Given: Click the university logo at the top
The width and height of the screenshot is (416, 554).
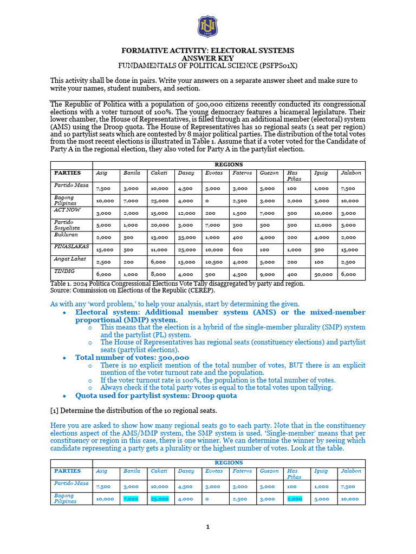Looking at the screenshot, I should [208, 27].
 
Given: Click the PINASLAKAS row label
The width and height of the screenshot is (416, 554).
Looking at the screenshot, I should [71, 246].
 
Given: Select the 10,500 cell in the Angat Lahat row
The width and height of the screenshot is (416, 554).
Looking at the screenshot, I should [213, 262].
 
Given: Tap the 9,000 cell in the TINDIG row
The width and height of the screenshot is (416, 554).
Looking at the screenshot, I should [267, 275].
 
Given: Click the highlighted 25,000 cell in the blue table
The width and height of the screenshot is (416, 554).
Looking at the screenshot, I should [160, 499].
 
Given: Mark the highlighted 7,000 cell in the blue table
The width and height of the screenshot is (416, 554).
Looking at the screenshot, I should [131, 499].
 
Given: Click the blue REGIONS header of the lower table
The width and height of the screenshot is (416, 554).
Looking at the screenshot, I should [229, 463].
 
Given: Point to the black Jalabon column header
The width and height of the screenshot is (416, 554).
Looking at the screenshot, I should [350, 173].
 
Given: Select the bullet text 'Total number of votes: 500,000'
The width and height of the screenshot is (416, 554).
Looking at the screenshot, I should [132, 358].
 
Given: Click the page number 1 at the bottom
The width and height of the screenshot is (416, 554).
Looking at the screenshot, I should [208, 527].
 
